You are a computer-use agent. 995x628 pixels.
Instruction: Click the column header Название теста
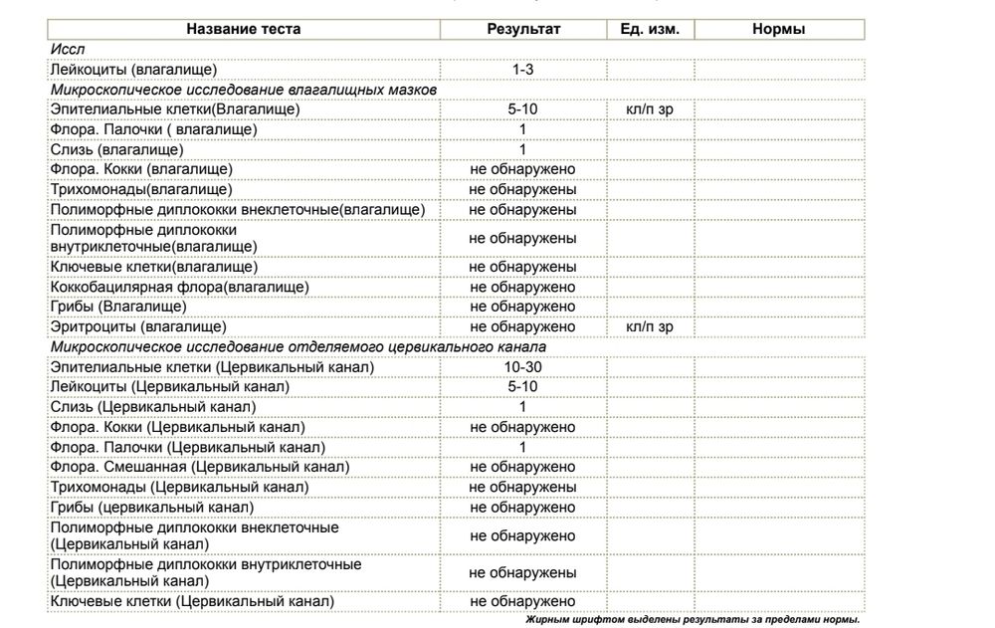247,30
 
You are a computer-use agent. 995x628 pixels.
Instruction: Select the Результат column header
523,30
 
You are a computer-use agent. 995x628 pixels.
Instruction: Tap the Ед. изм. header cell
650,30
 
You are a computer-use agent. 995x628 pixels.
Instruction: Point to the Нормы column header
779,30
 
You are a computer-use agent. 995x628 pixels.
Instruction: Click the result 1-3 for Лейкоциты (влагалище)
523,70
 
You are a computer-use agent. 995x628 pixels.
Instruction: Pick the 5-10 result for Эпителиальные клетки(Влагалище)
523,109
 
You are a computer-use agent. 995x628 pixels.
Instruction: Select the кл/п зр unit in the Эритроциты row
650,326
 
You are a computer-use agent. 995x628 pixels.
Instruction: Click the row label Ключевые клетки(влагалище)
154,267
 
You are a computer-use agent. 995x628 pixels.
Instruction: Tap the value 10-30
523,367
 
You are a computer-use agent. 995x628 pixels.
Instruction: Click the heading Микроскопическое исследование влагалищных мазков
245,90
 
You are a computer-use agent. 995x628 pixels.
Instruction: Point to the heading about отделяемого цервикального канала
298,346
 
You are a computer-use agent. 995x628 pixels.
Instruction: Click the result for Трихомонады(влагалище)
523,189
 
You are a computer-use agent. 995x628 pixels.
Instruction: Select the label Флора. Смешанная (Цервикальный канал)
199,467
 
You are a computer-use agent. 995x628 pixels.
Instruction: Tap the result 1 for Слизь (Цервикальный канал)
523,407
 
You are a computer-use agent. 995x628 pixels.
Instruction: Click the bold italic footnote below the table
692,619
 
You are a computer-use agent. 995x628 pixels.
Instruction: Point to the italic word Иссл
66,50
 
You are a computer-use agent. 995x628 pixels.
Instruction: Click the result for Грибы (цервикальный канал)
523,507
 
